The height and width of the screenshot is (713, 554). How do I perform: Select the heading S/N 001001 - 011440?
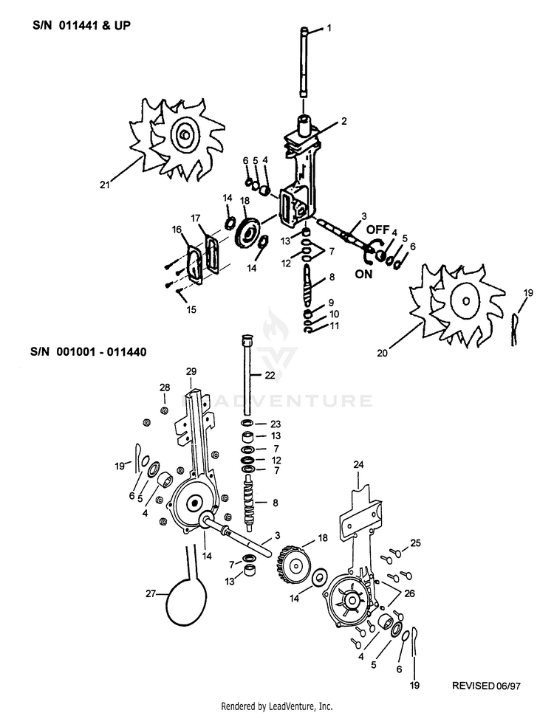pyautogui.click(x=89, y=352)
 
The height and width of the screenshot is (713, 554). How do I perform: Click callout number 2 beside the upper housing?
pyautogui.click(x=344, y=120)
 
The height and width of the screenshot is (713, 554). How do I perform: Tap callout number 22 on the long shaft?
pyautogui.click(x=270, y=376)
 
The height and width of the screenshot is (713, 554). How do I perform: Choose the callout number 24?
pyautogui.click(x=359, y=465)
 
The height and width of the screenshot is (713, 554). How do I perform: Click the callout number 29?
pyautogui.click(x=191, y=372)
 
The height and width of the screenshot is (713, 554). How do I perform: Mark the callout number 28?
pyautogui.click(x=165, y=387)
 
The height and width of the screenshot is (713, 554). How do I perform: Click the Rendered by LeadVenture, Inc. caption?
pyautogui.click(x=277, y=706)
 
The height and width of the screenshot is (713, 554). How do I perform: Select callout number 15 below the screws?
pyautogui.click(x=192, y=310)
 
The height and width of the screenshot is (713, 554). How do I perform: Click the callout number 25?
pyautogui.click(x=416, y=543)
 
